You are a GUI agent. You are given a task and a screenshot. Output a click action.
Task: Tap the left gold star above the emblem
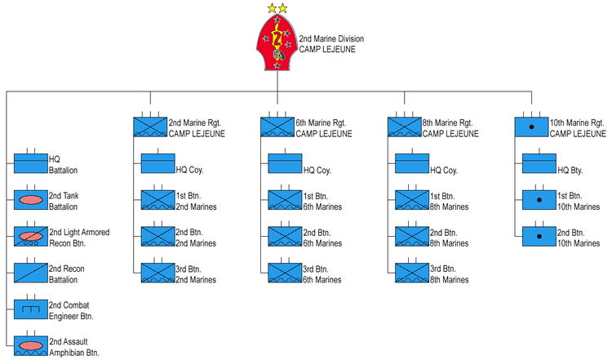pos(272,8)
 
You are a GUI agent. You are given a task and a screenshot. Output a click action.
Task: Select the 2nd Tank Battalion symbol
pos(31,199)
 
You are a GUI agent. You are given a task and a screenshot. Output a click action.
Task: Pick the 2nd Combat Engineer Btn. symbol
pos(31,309)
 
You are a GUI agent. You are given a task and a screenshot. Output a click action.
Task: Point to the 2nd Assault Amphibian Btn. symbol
pos(31,345)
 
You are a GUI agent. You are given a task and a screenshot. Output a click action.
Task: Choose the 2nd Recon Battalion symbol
pos(31,273)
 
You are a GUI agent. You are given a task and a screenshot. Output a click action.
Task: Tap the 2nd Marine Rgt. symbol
pos(150,127)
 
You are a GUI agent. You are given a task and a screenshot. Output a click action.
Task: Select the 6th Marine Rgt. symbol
pos(277,127)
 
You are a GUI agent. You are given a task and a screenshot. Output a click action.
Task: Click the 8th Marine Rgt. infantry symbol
pos(404,127)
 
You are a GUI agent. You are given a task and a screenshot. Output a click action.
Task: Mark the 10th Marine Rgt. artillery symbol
pos(531,127)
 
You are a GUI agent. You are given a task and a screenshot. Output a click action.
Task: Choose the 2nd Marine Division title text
pos(331,38)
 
